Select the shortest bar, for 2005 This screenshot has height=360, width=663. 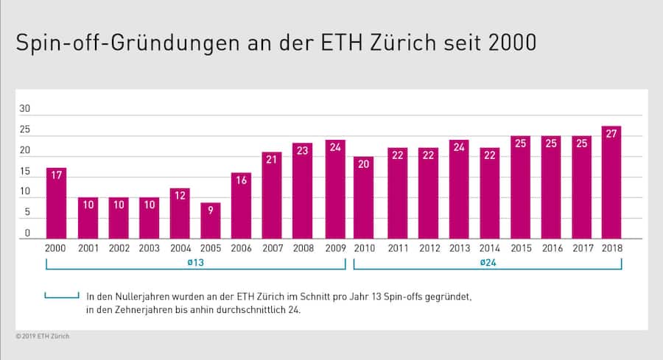pyautogui.click(x=211, y=220)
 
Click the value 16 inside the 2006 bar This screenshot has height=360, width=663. pyautogui.click(x=242, y=180)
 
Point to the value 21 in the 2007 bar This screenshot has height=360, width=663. pyautogui.click(x=272, y=159)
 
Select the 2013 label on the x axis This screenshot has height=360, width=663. pyautogui.click(x=459, y=248)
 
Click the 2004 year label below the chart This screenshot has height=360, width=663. pyautogui.click(x=180, y=248)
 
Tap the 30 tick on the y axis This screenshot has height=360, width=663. pyautogui.click(x=25, y=109)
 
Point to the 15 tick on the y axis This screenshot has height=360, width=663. pyautogui.click(x=25, y=172)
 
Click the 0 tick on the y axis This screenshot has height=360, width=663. pyautogui.click(x=27, y=233)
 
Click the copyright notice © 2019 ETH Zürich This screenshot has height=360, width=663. pyautogui.click(x=43, y=336)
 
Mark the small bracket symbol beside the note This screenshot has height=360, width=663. pyautogui.click(x=61, y=297)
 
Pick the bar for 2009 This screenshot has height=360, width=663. pyautogui.click(x=335, y=189)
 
